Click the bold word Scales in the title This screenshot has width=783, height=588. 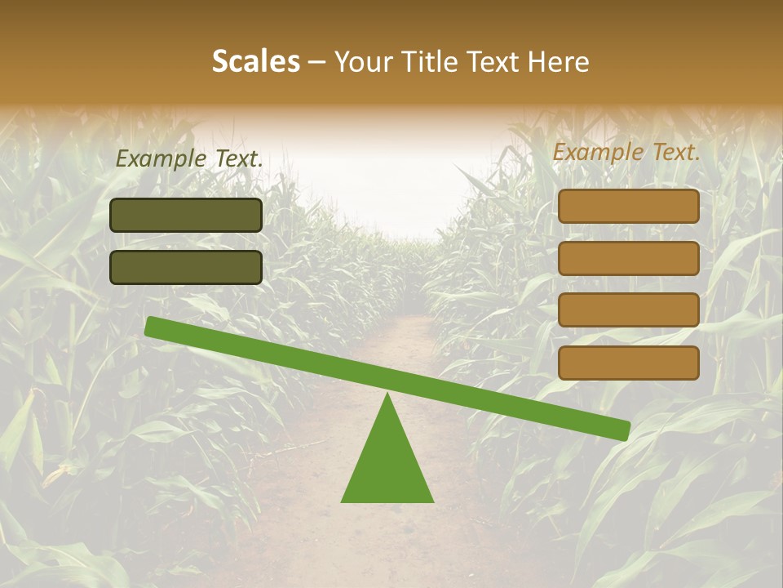(x=255, y=61)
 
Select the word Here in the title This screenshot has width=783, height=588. (x=559, y=61)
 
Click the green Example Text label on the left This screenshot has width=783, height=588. (x=189, y=159)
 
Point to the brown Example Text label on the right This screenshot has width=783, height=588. (x=626, y=152)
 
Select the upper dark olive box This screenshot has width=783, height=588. (x=186, y=215)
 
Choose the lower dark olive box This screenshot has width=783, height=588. (x=186, y=267)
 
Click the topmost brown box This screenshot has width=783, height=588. (x=629, y=207)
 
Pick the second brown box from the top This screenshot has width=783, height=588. (x=629, y=258)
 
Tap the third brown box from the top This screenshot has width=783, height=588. (x=629, y=310)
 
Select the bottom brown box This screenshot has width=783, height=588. (x=629, y=363)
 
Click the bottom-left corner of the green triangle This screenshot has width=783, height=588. (x=343, y=501)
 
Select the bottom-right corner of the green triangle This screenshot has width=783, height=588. (x=432, y=501)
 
